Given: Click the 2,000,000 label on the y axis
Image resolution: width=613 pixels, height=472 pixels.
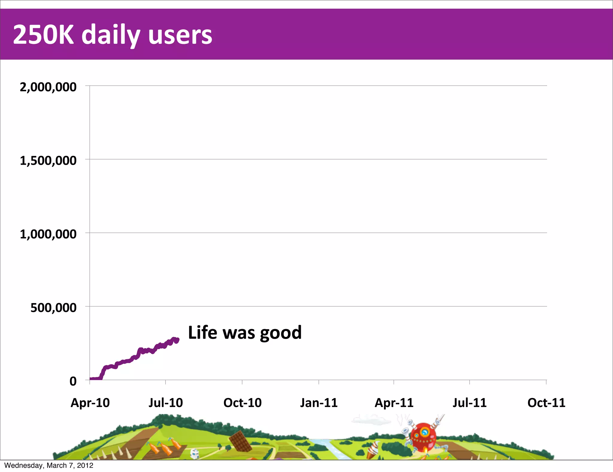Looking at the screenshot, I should coord(48,87).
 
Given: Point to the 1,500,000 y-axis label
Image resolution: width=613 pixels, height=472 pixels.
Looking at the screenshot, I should coord(48,161).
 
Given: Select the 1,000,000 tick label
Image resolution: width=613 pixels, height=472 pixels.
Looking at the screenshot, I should coord(48,234).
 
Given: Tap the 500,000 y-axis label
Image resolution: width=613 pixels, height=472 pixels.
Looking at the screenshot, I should coord(53,308).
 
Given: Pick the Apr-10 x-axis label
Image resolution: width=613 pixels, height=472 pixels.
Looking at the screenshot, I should coord(90,403).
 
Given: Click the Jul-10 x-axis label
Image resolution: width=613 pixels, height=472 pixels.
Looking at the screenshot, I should coord(166,403).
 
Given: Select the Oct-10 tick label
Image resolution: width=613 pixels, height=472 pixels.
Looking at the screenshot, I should coord(242,403).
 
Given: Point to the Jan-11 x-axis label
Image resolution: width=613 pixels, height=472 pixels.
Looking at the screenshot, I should coord(319,403).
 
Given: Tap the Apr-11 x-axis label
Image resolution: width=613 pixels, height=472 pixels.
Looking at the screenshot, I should coord(394,403).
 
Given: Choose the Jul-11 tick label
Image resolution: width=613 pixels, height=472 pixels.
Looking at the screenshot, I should coord(469,403).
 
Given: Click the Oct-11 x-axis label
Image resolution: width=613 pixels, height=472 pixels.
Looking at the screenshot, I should coord(546,403).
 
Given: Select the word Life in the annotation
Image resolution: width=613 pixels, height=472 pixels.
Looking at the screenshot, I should coord(202,332).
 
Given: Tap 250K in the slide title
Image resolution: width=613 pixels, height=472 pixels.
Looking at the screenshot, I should coord(43,35).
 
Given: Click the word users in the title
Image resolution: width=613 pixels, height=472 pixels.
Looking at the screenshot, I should coord(180,35).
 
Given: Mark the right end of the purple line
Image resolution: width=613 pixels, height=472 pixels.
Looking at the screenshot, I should coord(177,340).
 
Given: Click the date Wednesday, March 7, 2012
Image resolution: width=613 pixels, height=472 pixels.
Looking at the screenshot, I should coord(49,465).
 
